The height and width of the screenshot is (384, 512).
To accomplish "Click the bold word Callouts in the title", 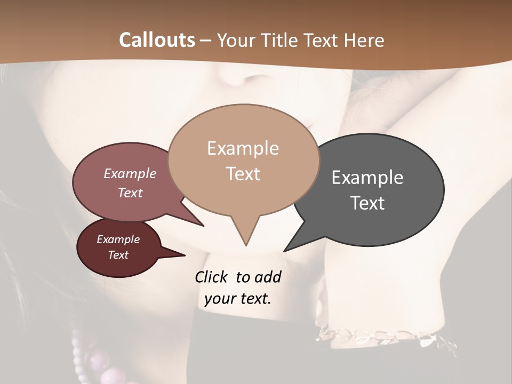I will tap(157, 40).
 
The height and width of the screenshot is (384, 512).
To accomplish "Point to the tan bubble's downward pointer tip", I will tap(246, 245).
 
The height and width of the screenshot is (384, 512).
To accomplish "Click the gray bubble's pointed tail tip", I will tap(284, 251).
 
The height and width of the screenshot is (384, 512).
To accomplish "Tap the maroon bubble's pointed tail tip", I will tap(185, 255).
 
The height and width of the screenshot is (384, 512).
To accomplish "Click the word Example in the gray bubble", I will tap(367, 177).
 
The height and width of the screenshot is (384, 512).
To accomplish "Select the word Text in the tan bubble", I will tap(243, 174).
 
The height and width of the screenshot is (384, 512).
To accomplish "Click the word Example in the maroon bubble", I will tap(118, 239).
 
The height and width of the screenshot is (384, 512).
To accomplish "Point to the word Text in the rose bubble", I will tap(130, 193).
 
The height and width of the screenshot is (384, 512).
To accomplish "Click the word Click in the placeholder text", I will tap(211, 277).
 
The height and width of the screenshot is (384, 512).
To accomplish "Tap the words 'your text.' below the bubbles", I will tap(237, 299).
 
